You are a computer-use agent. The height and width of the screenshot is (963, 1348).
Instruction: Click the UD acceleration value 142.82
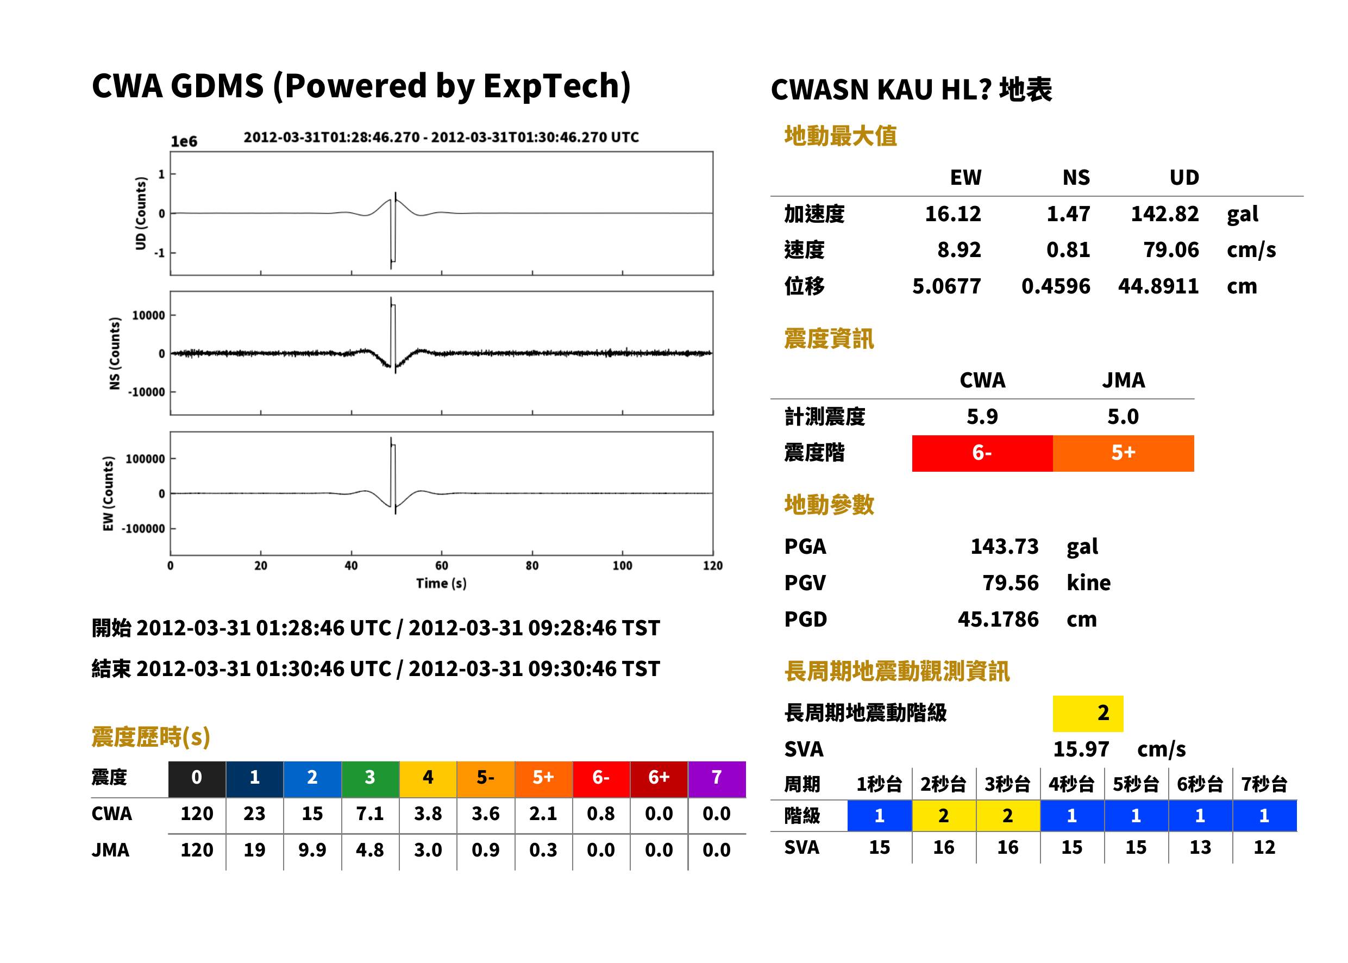click(1164, 214)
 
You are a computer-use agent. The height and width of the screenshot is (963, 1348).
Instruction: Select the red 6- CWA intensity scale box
click(982, 453)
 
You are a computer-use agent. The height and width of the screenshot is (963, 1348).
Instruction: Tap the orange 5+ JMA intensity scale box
click(1124, 453)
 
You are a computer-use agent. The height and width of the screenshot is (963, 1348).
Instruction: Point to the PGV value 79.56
click(1011, 583)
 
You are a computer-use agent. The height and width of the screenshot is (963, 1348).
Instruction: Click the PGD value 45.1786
click(998, 620)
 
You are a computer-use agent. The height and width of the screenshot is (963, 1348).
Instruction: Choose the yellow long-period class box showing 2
click(1088, 714)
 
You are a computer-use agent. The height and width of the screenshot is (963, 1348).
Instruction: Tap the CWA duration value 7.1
click(370, 814)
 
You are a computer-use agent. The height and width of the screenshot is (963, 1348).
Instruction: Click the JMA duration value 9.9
click(312, 851)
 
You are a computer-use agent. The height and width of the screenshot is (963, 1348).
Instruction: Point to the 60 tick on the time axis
click(442, 565)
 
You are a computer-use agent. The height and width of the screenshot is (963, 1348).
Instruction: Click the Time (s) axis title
click(442, 584)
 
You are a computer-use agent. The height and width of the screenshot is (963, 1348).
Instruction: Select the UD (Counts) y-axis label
click(141, 214)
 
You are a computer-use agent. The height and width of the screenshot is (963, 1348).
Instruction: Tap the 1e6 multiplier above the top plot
click(184, 142)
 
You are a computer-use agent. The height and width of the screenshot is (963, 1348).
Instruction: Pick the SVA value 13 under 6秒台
click(1200, 848)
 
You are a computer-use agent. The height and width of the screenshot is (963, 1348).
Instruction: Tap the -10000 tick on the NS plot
click(146, 392)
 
